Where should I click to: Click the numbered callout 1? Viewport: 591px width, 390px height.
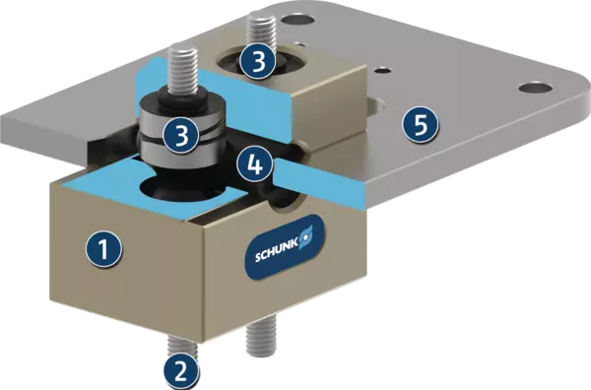(103, 249)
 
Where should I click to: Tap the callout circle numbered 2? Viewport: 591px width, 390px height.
(181, 371)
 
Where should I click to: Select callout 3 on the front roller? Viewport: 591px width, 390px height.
(181, 135)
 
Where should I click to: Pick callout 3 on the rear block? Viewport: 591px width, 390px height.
(258, 61)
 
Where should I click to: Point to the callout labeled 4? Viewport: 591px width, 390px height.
(255, 164)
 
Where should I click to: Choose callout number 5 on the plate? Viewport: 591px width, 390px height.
(421, 124)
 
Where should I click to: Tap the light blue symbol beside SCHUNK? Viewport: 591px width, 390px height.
(306, 236)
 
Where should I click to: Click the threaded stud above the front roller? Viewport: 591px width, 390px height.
(181, 71)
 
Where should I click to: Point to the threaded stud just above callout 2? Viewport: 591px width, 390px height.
(182, 347)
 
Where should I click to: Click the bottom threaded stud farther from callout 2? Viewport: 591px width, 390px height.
(261, 336)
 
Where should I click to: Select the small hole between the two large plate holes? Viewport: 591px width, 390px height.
(383, 70)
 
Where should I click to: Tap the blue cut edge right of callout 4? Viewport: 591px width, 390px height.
(317, 175)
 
